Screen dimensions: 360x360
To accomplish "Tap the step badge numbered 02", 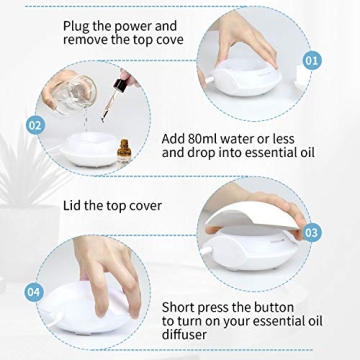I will click(x=36, y=126).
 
